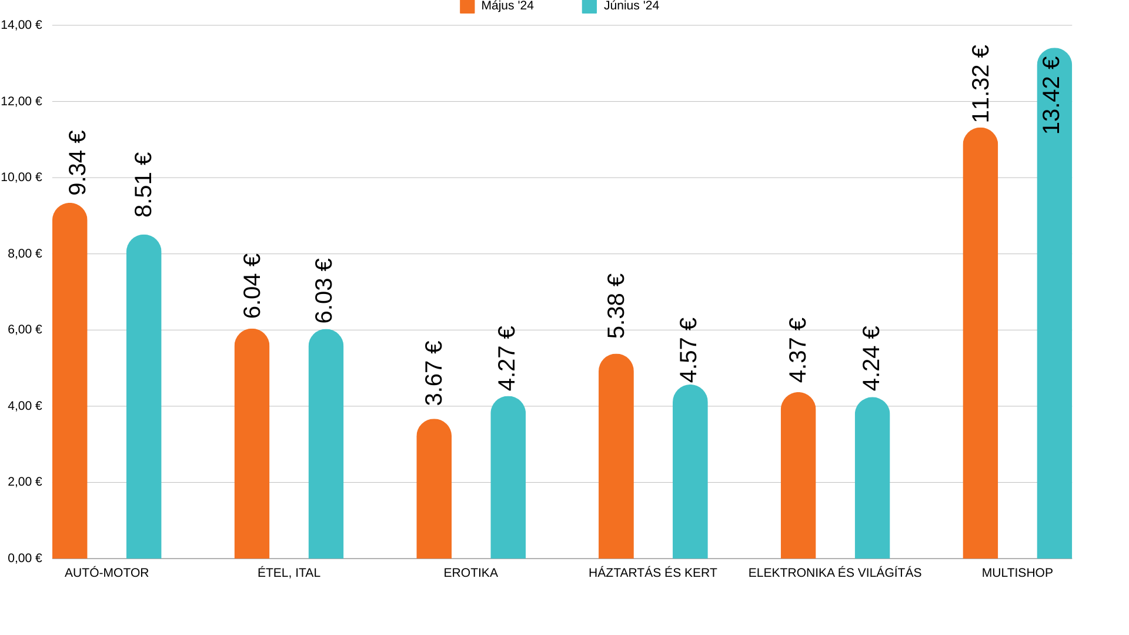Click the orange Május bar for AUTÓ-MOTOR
pos(69,382)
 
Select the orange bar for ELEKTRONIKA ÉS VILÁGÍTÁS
pos(798,476)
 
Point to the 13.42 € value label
pos(1051,95)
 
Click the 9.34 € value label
pos(77,163)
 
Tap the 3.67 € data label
pos(433,373)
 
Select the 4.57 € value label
pos(688,350)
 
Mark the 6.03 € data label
pos(323,290)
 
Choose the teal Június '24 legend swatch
pos(589,6)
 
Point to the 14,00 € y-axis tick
pos(22,25)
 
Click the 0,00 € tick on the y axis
pos(25,558)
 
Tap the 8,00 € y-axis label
pos(25,253)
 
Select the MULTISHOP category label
pos(1017,573)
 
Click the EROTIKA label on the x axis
pos(470,573)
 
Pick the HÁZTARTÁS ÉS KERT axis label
pos(653,573)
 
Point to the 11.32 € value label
pos(980,83)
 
